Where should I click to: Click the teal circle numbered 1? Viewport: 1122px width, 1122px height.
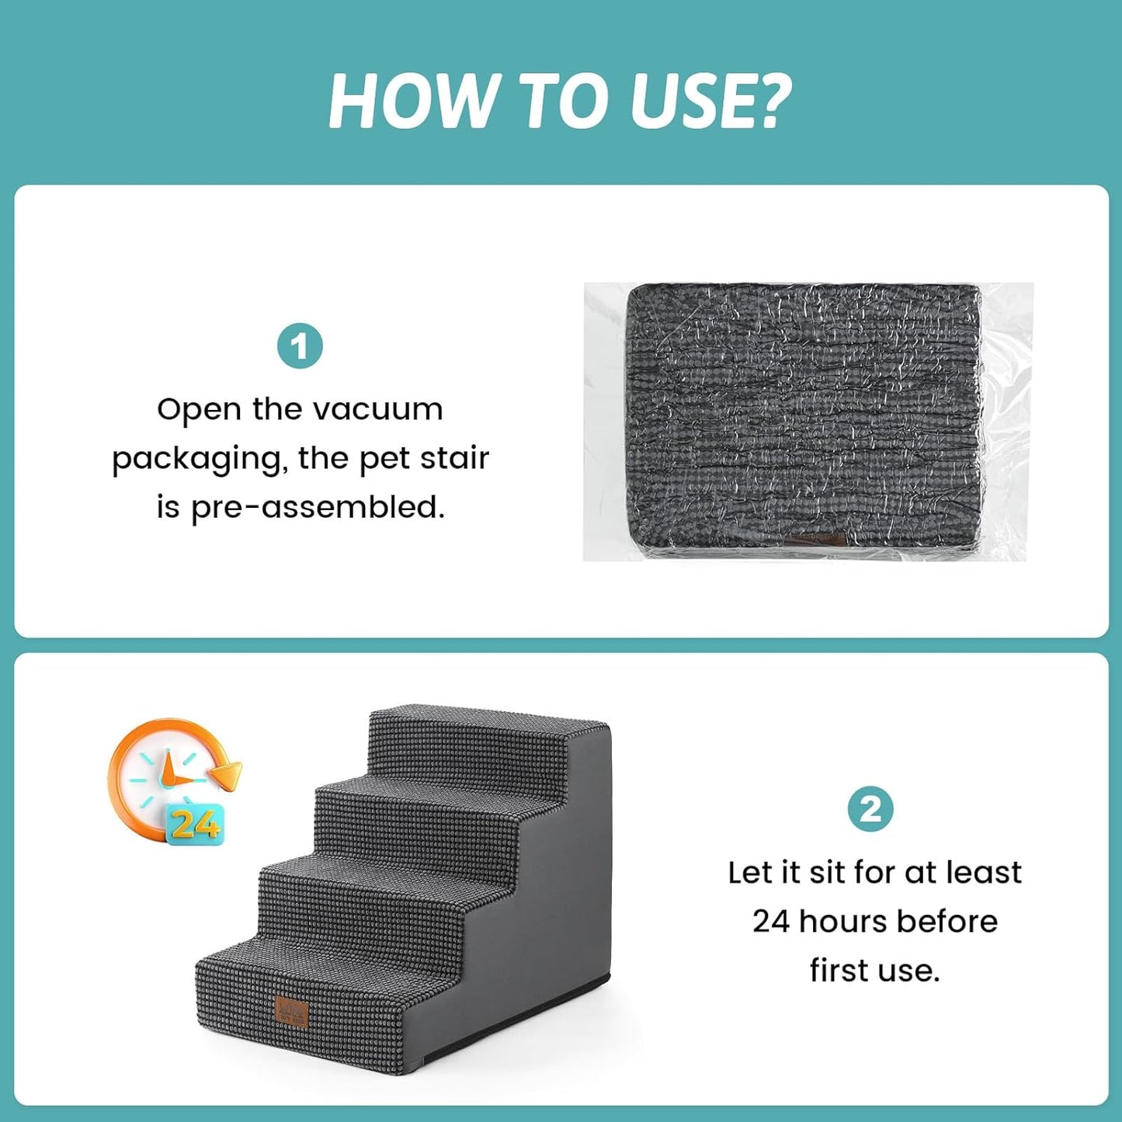pyautogui.click(x=299, y=346)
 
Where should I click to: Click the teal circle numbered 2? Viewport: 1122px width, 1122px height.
pyautogui.click(x=870, y=809)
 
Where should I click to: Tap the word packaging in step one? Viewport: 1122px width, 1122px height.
pyautogui.click(x=200, y=460)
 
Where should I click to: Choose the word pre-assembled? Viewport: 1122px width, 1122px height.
pyautogui.click(x=318, y=507)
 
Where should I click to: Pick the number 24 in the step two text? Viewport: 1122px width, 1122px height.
pyautogui.click(x=770, y=922)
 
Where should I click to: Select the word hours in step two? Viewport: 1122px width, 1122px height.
pyautogui.click(x=842, y=922)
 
